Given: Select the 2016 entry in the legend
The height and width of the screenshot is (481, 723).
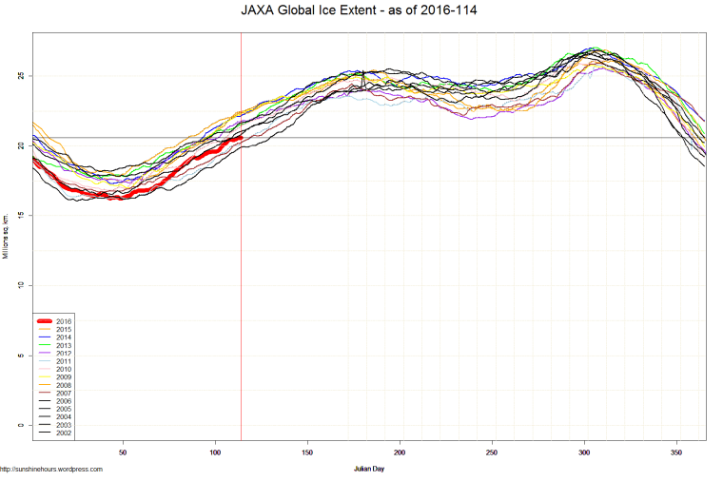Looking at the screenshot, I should pos(64,321).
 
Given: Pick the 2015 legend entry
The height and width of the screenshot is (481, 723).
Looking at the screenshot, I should pos(64,330).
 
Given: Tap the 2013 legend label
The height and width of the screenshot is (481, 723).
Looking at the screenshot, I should pos(64,346).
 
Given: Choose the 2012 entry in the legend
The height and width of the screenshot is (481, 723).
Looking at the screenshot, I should pos(64,354).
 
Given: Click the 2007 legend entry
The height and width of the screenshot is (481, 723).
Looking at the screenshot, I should pos(64,394).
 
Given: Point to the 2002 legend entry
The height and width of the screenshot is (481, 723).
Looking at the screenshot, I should pos(64,433).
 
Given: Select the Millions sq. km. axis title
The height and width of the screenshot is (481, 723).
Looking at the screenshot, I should pos(5,237).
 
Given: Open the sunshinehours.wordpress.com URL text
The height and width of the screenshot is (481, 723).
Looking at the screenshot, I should pos(51,469).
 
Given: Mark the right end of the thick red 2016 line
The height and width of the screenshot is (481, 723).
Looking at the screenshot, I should pos(241,138).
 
